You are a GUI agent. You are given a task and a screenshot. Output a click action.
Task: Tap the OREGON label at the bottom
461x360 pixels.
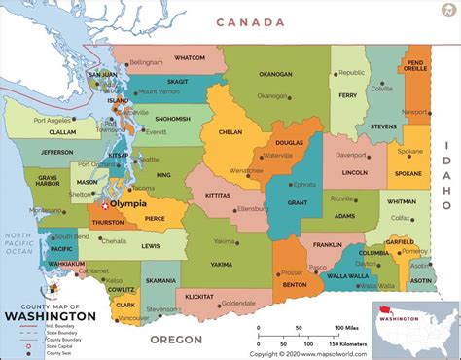pos(177,339)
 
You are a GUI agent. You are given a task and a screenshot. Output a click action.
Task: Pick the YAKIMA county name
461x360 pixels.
pos(222,263)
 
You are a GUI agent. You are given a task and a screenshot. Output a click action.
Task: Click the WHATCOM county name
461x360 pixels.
pos(190,58)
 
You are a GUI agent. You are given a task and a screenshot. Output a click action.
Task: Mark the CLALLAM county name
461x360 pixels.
pos(35,131)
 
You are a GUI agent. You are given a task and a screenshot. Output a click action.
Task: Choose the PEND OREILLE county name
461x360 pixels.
pos(417,64)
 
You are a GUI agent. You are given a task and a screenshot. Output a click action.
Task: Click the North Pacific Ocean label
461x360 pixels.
pos(18,243)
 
